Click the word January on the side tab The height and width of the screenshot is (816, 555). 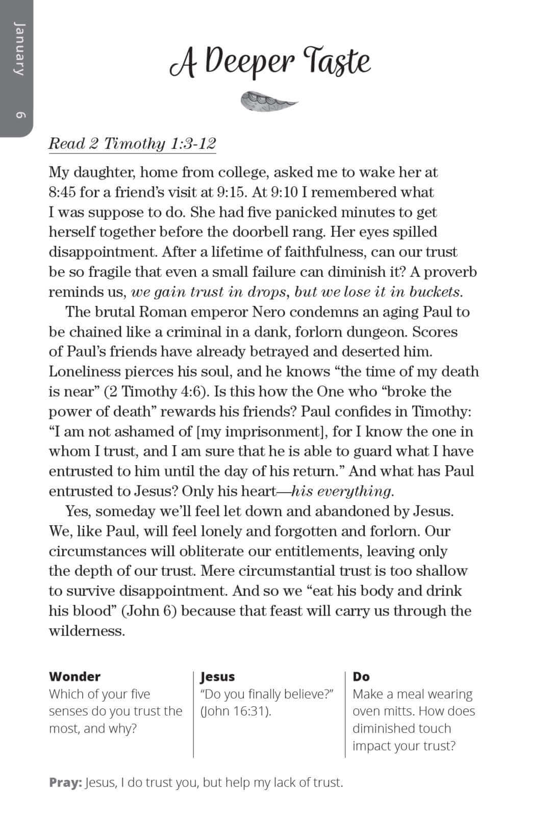(x=18, y=48)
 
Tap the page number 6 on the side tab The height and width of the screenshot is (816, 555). (x=19, y=115)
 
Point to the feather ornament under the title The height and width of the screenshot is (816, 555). (x=268, y=100)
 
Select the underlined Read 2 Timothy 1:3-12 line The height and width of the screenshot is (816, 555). (x=132, y=144)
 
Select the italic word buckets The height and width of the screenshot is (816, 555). (x=436, y=292)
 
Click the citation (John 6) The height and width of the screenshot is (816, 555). (x=149, y=611)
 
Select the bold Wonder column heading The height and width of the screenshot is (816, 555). (x=74, y=676)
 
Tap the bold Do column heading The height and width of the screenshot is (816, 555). (x=361, y=676)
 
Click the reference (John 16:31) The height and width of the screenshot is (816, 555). (x=235, y=711)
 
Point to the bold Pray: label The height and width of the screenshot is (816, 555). (x=65, y=782)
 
